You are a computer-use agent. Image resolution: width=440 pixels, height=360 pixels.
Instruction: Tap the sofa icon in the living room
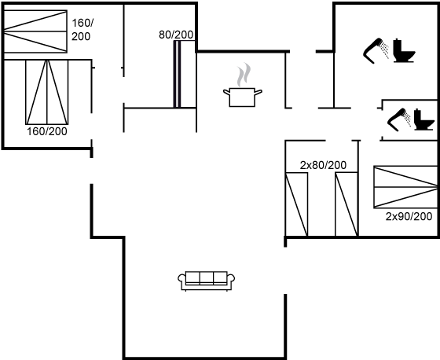[207, 281]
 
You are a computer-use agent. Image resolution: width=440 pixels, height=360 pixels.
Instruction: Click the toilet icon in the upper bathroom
[404, 50]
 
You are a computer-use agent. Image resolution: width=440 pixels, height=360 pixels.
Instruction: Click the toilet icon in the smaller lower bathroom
[424, 119]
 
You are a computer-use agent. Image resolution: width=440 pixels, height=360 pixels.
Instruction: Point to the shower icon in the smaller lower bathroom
[399, 119]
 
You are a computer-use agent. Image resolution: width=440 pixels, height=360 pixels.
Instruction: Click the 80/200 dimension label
[176, 35]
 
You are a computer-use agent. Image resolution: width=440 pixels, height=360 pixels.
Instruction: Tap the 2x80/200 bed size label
[323, 165]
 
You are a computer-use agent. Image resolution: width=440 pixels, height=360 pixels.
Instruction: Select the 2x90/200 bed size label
[409, 216]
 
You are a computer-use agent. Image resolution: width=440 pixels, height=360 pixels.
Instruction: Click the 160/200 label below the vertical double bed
[47, 131]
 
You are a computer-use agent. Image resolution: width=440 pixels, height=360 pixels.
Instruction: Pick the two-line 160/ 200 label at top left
[82, 30]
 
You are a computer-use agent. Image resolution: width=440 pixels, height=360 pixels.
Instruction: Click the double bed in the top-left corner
[35, 31]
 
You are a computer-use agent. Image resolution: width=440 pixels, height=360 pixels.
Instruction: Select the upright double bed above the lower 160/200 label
[47, 92]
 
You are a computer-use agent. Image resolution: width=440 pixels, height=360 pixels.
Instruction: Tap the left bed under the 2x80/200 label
[297, 204]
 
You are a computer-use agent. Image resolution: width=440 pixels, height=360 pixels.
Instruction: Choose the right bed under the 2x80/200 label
[346, 204]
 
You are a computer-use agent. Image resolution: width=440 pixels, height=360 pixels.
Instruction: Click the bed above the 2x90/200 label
[405, 187]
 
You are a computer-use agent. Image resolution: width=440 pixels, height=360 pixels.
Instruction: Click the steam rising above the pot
[244, 75]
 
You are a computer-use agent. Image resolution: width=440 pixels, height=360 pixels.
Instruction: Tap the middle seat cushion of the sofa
[207, 278]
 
